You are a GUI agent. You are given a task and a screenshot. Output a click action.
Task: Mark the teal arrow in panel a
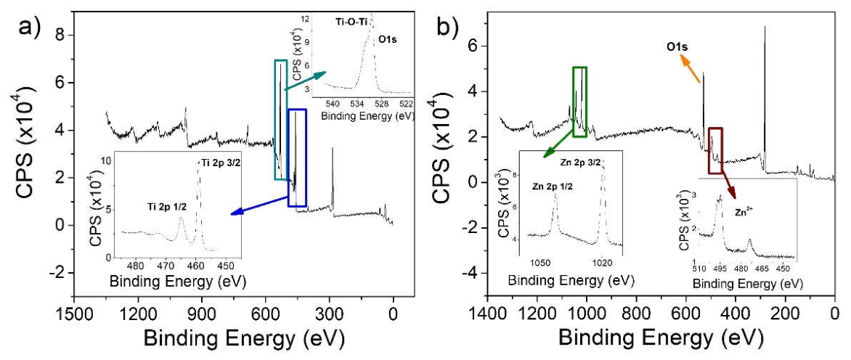coord(306,80)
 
